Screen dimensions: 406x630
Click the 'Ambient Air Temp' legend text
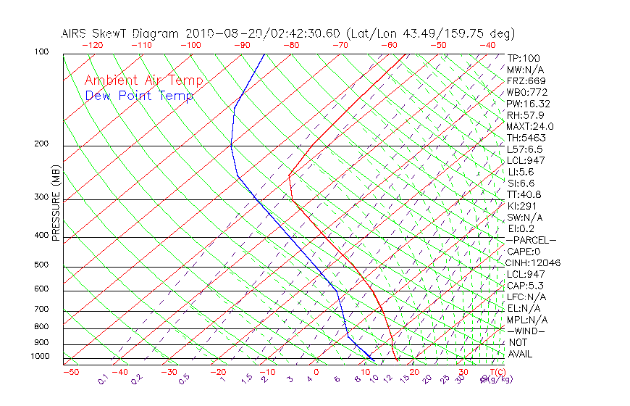[x=143, y=80]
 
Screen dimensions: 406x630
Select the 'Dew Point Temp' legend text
[x=139, y=96]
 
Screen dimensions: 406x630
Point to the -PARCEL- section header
[x=531, y=240]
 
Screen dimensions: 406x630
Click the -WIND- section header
[x=526, y=331]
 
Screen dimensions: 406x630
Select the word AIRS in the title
[x=75, y=33]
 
